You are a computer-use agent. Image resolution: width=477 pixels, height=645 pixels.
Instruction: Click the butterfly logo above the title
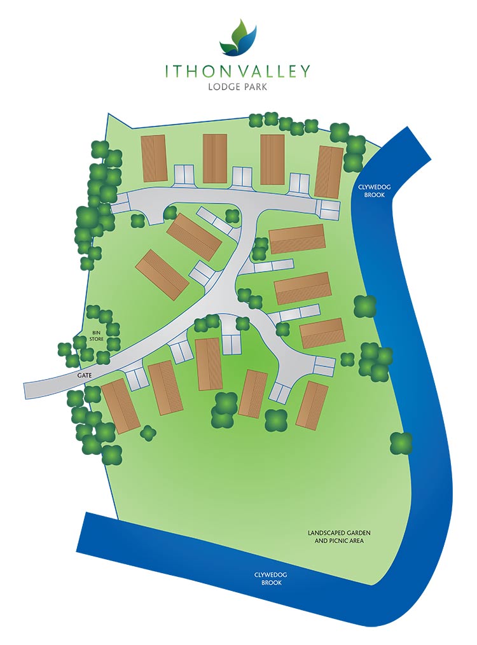coord(238,38)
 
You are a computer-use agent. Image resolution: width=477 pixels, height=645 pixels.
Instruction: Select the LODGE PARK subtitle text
coord(238,87)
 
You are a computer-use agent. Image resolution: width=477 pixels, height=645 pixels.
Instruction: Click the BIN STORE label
coord(97,335)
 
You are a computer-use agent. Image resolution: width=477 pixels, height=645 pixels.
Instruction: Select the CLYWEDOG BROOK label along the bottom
coord(271,578)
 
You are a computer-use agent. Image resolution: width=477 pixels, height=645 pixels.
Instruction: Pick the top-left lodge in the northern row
coord(153,158)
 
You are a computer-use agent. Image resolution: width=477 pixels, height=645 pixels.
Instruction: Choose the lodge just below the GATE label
coord(121,405)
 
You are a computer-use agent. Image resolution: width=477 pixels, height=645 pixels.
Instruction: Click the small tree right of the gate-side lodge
coord(148,433)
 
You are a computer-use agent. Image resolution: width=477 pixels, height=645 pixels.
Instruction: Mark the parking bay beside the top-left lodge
coord(184,173)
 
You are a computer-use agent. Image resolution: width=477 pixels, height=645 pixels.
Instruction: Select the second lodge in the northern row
coord(215,158)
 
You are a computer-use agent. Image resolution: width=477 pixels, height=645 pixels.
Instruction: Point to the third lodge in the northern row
coord(272,159)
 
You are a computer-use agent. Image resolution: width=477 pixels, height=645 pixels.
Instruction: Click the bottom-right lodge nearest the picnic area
coord(312,405)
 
